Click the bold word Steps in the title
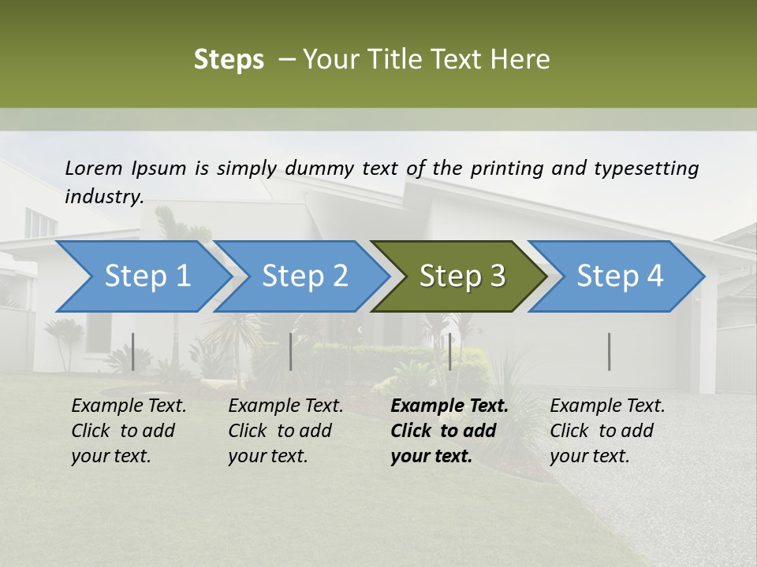coord(229,60)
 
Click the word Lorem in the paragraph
coord(94,168)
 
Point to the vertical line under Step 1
coord(133,351)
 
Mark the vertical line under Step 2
coord(291,351)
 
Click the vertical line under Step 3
coord(449,351)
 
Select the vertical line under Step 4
coord(610,351)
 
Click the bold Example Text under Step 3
coord(449,406)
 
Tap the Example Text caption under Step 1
coord(129,406)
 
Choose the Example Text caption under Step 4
coord(607,406)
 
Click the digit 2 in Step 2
coord(339,276)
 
